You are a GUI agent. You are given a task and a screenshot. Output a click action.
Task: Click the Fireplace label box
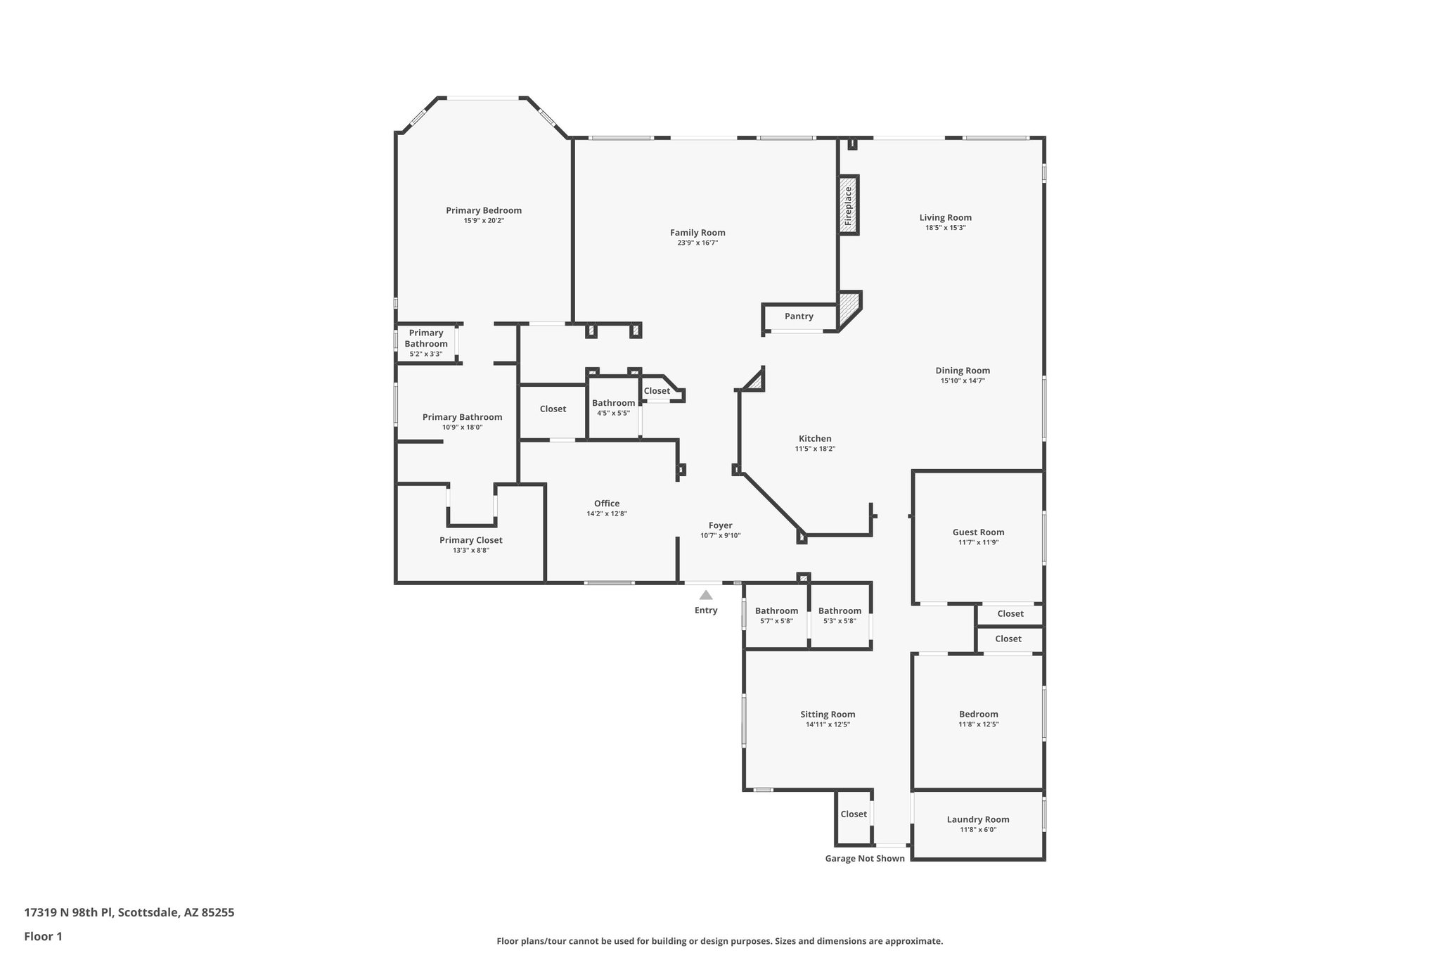point(849,205)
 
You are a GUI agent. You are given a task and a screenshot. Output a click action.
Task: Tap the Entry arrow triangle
point(706,595)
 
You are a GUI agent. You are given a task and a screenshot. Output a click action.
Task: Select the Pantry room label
point(799,316)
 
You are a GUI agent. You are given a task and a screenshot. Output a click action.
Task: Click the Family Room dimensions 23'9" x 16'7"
point(697,243)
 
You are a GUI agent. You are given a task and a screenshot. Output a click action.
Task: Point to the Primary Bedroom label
point(484,210)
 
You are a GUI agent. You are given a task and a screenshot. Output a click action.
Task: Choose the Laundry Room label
point(977,819)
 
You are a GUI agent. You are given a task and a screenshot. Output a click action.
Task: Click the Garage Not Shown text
point(864,858)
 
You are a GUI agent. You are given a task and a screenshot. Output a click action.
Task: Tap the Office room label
point(607,504)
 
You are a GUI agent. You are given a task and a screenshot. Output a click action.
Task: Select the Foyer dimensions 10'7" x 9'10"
point(720,535)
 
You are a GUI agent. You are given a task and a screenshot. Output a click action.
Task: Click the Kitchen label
point(815,439)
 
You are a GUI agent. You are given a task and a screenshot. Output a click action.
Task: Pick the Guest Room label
point(978,532)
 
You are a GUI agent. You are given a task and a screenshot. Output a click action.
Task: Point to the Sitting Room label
point(828,715)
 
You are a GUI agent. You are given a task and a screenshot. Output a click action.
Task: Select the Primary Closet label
point(470,540)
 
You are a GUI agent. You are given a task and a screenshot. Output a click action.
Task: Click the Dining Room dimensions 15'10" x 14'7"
point(963,380)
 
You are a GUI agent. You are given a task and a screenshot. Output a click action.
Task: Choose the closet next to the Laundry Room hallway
point(854,814)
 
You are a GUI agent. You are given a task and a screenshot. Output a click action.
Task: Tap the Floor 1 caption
point(43,936)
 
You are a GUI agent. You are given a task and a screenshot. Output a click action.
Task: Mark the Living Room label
point(945,218)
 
